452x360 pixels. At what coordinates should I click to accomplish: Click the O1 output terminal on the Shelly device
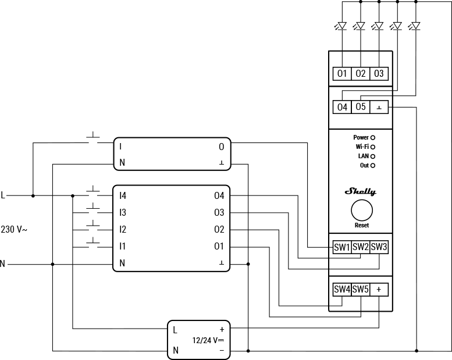pyautogui.click(x=342, y=73)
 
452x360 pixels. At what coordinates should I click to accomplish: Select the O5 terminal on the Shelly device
pyautogui.click(x=361, y=107)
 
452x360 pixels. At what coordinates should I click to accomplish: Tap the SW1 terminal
pyautogui.click(x=342, y=247)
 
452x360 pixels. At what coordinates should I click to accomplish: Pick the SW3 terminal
pyautogui.click(x=379, y=247)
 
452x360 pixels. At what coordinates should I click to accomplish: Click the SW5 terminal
pyautogui.click(x=361, y=289)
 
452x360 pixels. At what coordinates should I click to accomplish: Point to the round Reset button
pyautogui.click(x=361, y=210)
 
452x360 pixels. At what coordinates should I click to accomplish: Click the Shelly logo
pyautogui.click(x=361, y=191)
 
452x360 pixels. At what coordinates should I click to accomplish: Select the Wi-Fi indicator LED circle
pyautogui.click(x=373, y=147)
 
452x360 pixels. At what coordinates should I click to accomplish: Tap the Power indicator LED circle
pyautogui.click(x=373, y=138)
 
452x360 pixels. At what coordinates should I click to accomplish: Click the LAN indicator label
pyautogui.click(x=362, y=156)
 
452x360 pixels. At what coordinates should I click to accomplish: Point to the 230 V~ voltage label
pyautogui.click(x=15, y=230)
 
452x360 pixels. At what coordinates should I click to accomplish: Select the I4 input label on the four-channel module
pyautogui.click(x=123, y=196)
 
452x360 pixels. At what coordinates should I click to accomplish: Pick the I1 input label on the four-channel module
pyautogui.click(x=123, y=247)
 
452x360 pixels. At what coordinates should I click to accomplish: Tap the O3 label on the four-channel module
pyautogui.click(x=219, y=213)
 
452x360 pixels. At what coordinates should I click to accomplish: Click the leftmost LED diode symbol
pyautogui.click(x=342, y=26)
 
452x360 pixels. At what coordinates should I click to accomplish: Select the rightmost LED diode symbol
pyautogui.click(x=415, y=26)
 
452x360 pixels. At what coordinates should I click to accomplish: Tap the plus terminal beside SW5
pyautogui.click(x=379, y=289)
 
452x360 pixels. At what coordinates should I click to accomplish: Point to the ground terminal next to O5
pyautogui.click(x=379, y=107)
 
